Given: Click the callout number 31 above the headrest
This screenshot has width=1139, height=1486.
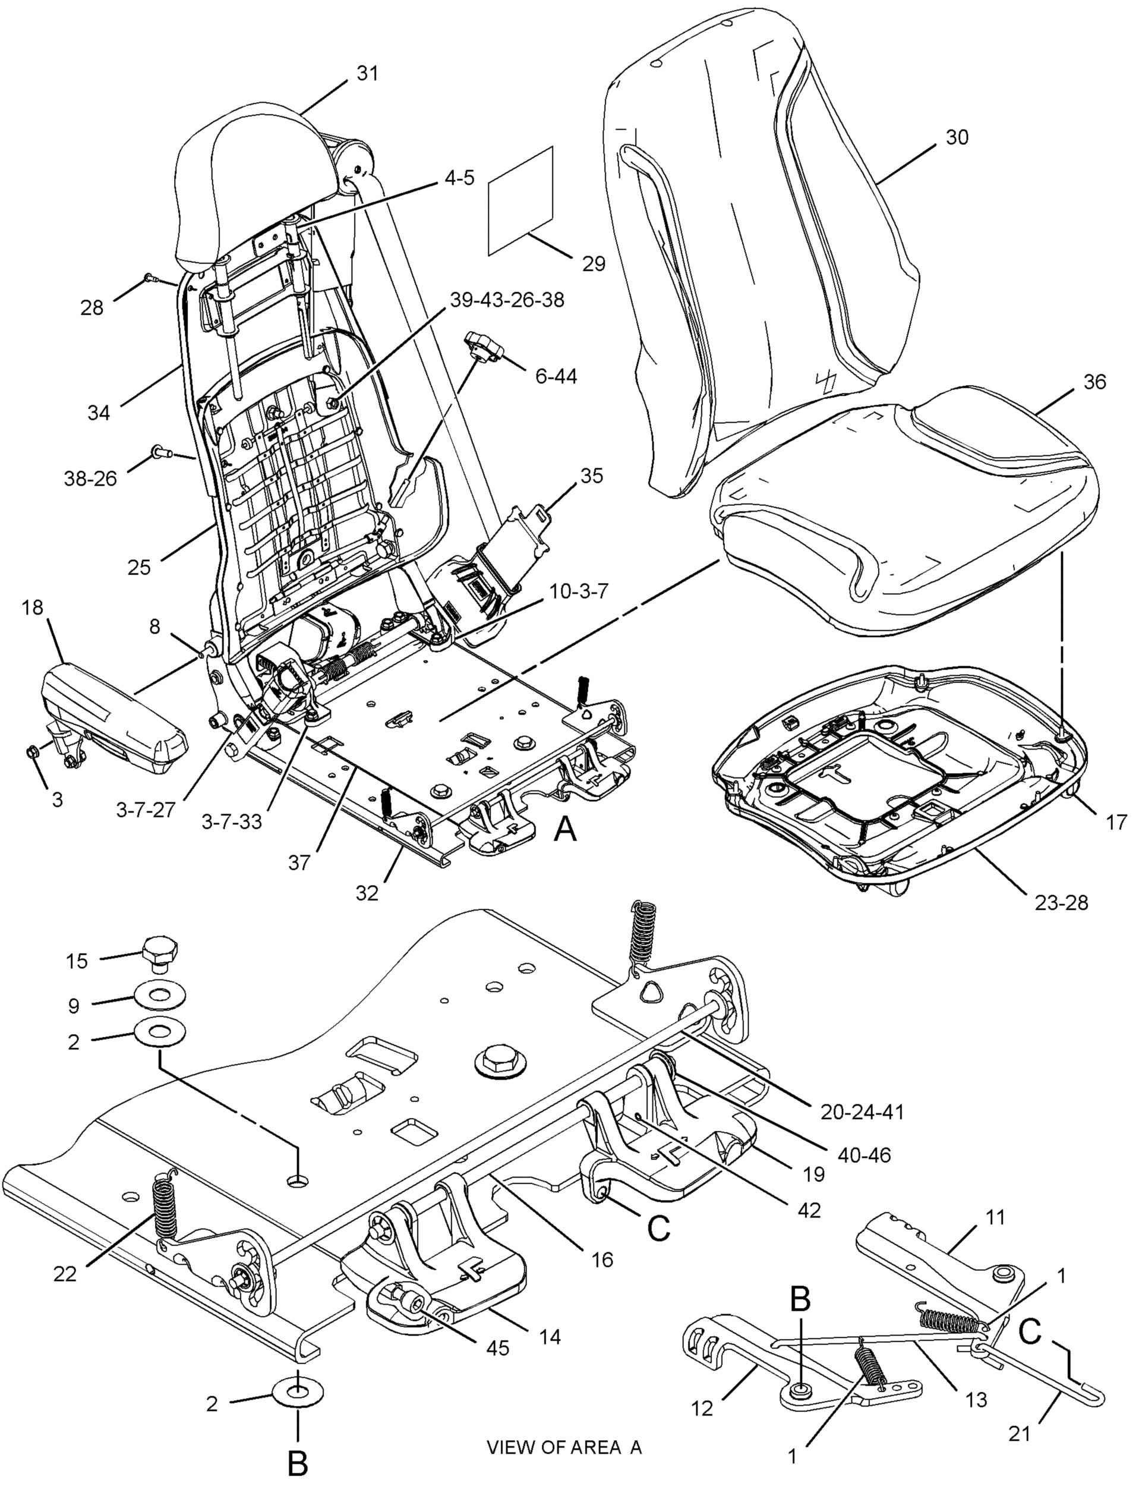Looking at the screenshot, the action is (367, 73).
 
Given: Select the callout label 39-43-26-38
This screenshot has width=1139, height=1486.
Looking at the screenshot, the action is (505, 300).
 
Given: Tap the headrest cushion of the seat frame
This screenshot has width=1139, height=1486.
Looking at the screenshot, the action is (254, 188).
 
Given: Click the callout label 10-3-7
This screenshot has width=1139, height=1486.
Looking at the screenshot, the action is (579, 591).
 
